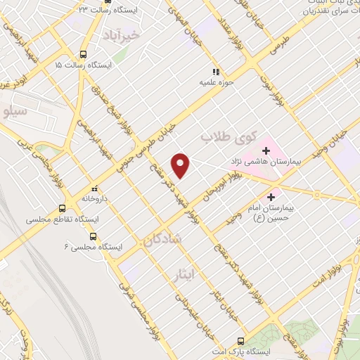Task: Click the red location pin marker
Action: pos(181,165)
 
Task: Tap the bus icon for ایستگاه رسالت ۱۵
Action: pos(84,54)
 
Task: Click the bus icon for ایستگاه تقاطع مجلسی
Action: pos(63,208)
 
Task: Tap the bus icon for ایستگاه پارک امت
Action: pos(241,340)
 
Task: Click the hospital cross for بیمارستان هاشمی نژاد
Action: pos(266,150)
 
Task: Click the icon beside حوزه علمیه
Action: pos(217,72)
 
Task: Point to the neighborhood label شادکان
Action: pos(163,239)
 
